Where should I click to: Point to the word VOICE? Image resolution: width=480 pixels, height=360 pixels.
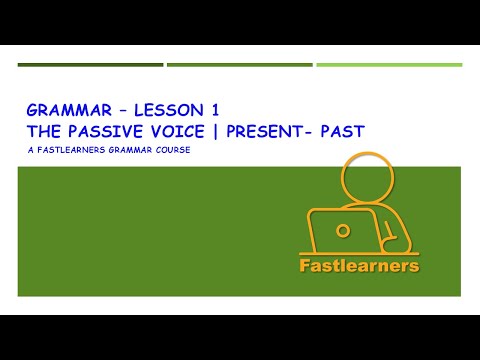click(179, 129)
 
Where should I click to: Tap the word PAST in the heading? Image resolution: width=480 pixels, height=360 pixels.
click(342, 129)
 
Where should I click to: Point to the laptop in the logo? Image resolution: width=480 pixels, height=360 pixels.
click(341, 232)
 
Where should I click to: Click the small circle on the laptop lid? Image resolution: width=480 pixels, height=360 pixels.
click(343, 229)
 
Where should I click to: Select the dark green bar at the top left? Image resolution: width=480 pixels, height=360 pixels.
click(90, 65)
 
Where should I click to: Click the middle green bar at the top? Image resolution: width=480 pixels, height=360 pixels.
click(239, 65)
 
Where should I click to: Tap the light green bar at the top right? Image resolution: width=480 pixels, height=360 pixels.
click(389, 65)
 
